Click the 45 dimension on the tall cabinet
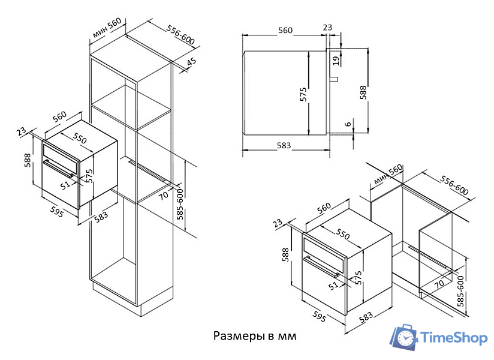pos(191,62)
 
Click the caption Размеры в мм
pos(255,335)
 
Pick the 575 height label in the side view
pos(303,94)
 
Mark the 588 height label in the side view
pos(362,92)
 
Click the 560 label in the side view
pos(285,30)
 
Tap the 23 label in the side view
pos(327,27)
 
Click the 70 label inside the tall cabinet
pos(164,194)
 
